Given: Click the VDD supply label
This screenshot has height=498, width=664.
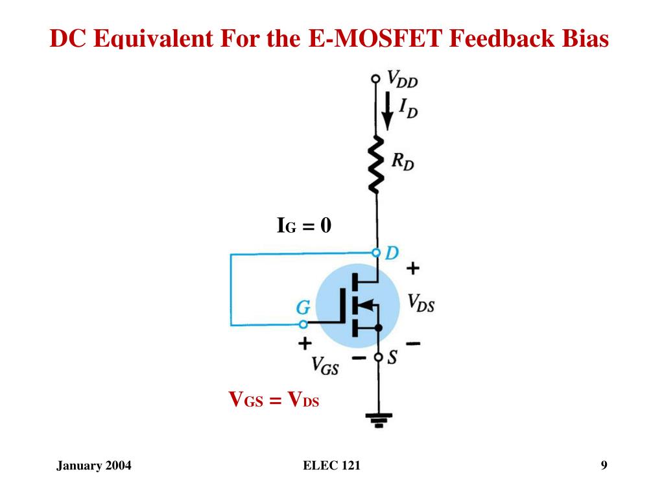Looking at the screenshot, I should coord(403,80).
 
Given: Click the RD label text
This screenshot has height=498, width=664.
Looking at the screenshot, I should coord(403,161).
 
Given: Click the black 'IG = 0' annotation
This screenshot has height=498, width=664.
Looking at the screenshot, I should coord(304,226).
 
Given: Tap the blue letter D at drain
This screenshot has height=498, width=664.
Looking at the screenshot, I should coord(392,252).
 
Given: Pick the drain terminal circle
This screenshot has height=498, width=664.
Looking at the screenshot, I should coord(376,252).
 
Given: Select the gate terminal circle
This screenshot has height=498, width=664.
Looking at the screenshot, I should coord(303,323).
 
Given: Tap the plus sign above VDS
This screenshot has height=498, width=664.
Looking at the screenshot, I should coord(412,267).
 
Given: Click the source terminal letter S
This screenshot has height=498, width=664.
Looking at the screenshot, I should coord(392,357).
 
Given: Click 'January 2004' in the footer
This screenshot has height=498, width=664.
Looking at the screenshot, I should coord(93,466).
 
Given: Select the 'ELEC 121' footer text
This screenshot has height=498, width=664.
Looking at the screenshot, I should coord(331,466).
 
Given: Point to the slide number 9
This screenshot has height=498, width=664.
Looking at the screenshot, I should coord(604,465).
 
